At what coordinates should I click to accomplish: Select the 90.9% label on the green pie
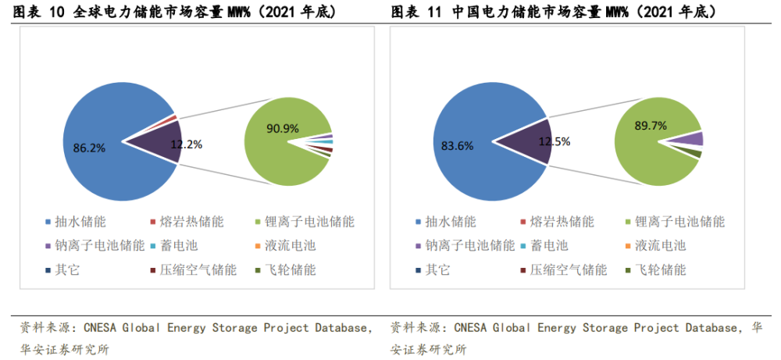tap(283, 129)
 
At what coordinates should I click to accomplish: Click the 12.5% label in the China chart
tap(555, 141)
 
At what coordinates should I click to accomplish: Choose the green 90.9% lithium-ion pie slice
tap(273, 156)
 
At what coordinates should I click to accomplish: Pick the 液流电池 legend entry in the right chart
tap(660, 246)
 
